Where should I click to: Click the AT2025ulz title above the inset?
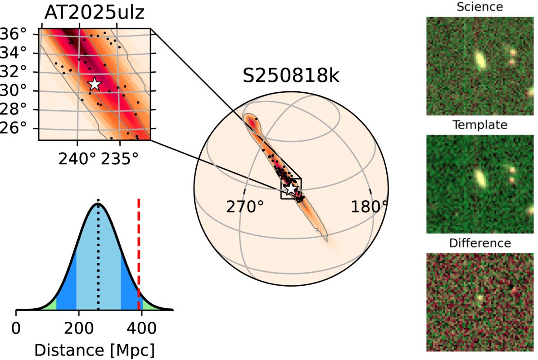click(94, 13)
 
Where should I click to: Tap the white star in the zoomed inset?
click(94, 84)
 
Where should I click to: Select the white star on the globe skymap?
click(292, 189)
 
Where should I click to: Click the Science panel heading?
click(479, 7)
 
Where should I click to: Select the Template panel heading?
click(479, 125)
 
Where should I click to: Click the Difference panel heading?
click(479, 243)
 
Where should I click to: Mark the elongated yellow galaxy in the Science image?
click(480, 60)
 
